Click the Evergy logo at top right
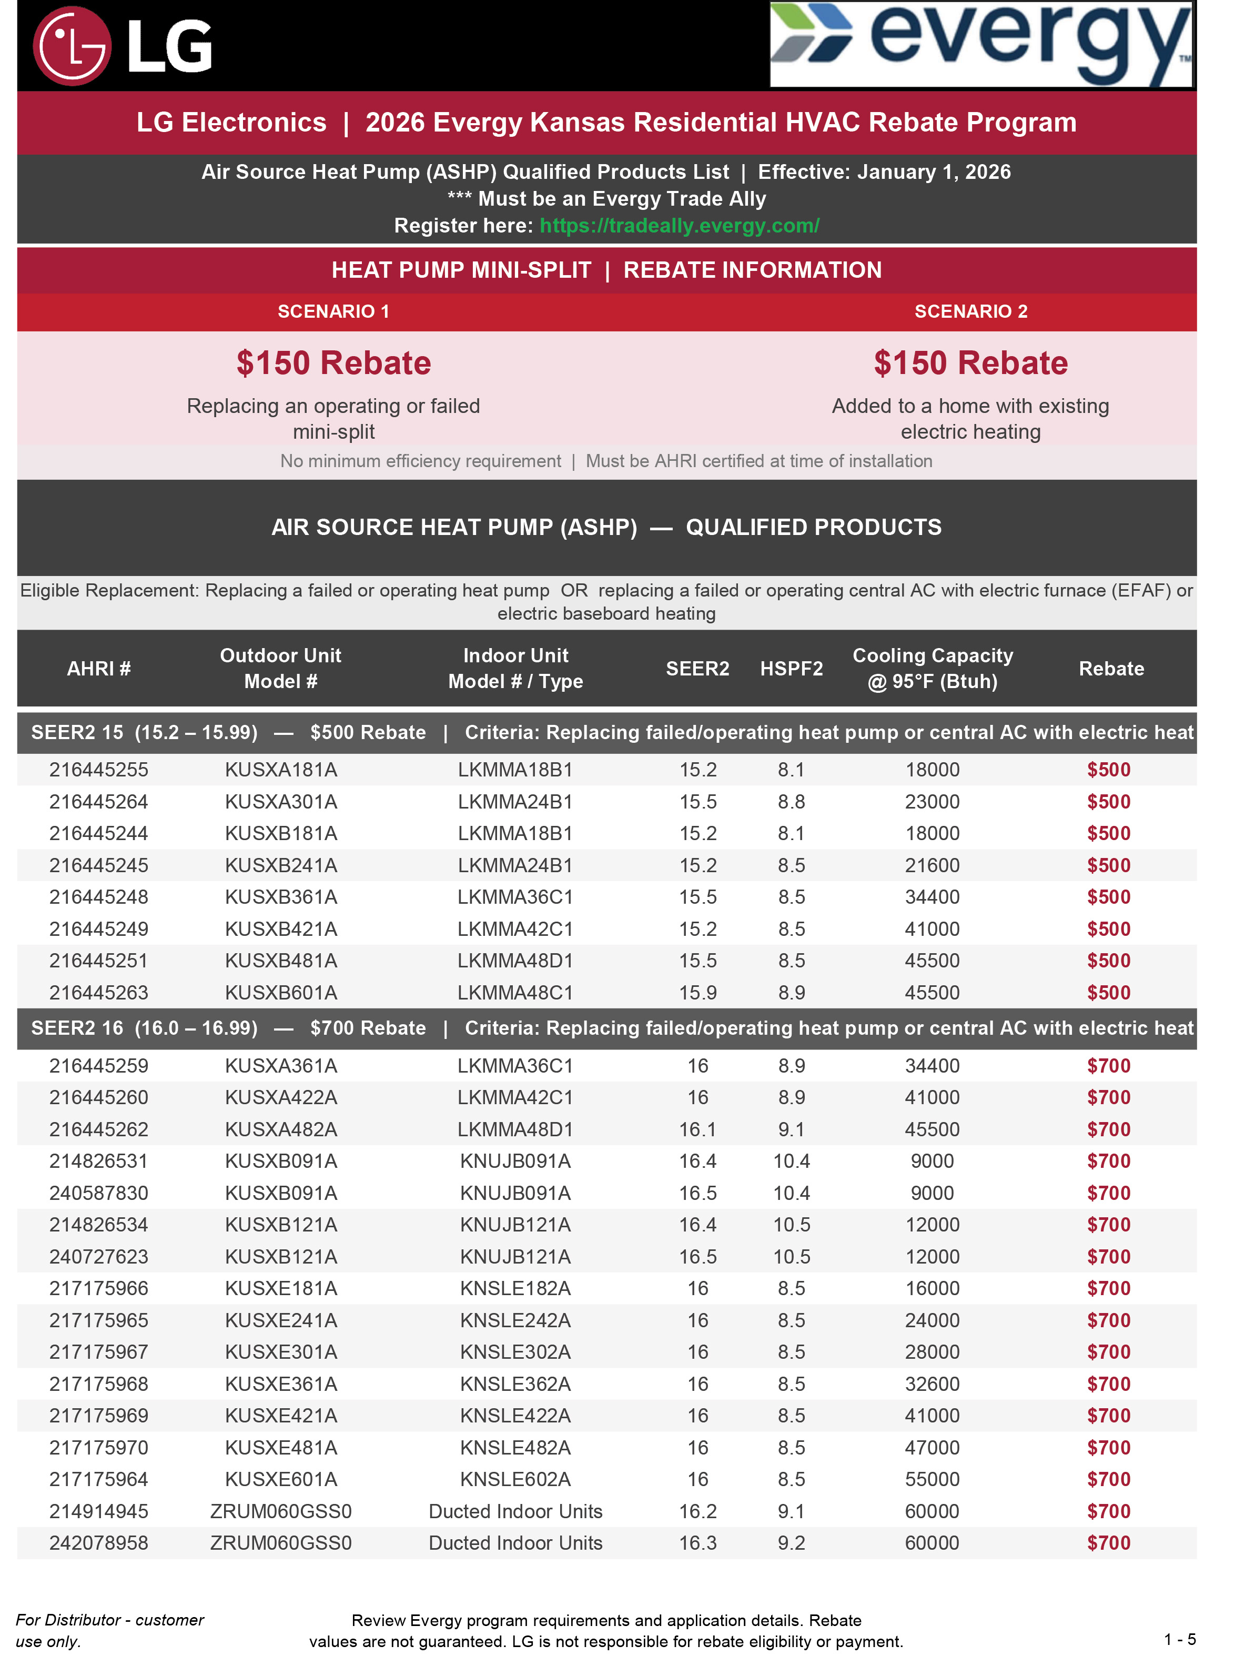[981, 44]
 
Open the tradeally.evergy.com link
[679, 226]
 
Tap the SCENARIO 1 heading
[333, 312]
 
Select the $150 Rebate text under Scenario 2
[970, 363]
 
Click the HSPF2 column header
[791, 669]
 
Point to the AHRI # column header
[99, 669]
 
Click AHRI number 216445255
[99, 770]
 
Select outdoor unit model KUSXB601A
[281, 993]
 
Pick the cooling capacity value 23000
[932, 802]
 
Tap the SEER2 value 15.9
[697, 993]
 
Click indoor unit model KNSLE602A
[515, 1480]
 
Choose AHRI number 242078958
[99, 1543]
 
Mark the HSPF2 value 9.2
[791, 1543]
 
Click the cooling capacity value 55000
[932, 1480]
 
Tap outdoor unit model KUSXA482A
[281, 1129]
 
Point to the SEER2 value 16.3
[697, 1543]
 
